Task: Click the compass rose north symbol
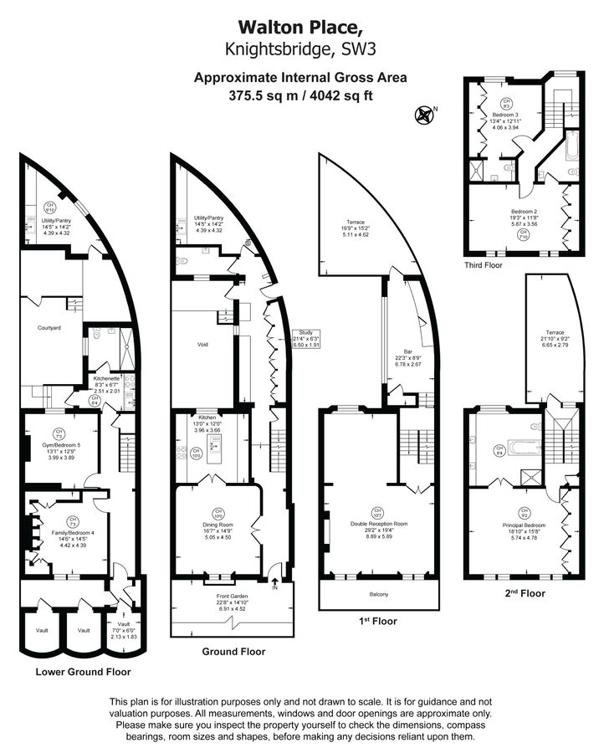pyautogui.click(x=425, y=114)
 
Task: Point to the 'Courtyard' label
pyautogui.click(x=50, y=328)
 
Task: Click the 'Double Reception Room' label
pyautogui.click(x=379, y=524)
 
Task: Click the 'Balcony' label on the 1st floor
pyautogui.click(x=380, y=594)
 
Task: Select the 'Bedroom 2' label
pyautogui.click(x=524, y=212)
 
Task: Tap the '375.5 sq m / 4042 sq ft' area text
pyautogui.click(x=300, y=95)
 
